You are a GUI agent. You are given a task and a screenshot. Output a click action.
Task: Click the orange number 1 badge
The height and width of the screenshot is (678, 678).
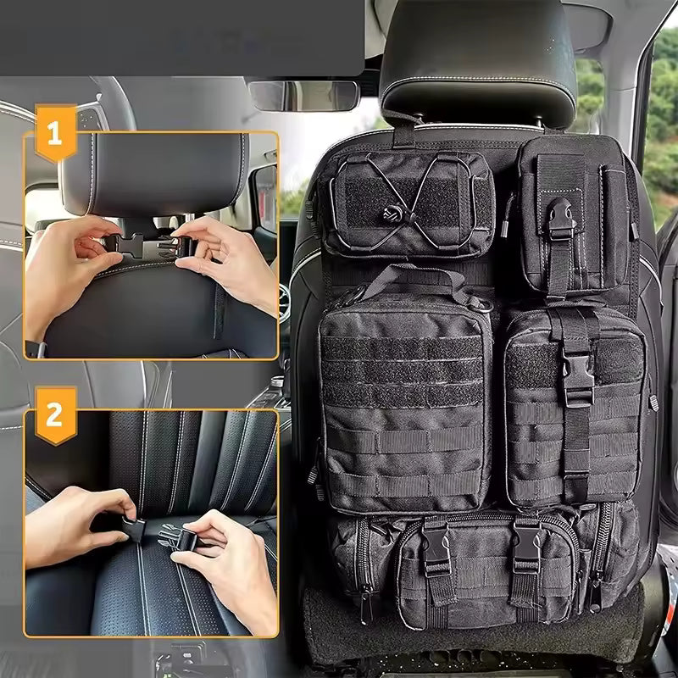click(x=55, y=133)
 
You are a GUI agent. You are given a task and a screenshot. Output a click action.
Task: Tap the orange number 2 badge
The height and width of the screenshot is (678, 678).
click(x=55, y=414)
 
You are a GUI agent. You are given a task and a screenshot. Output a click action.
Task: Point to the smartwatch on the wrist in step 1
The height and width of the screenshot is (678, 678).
click(x=35, y=348)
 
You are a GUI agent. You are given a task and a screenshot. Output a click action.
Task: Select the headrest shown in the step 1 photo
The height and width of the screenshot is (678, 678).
click(x=153, y=174)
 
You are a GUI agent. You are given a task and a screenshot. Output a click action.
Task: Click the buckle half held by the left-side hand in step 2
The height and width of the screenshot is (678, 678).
click(x=131, y=527)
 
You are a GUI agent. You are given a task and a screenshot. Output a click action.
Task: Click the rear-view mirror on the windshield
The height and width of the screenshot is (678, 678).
click(x=304, y=96)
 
